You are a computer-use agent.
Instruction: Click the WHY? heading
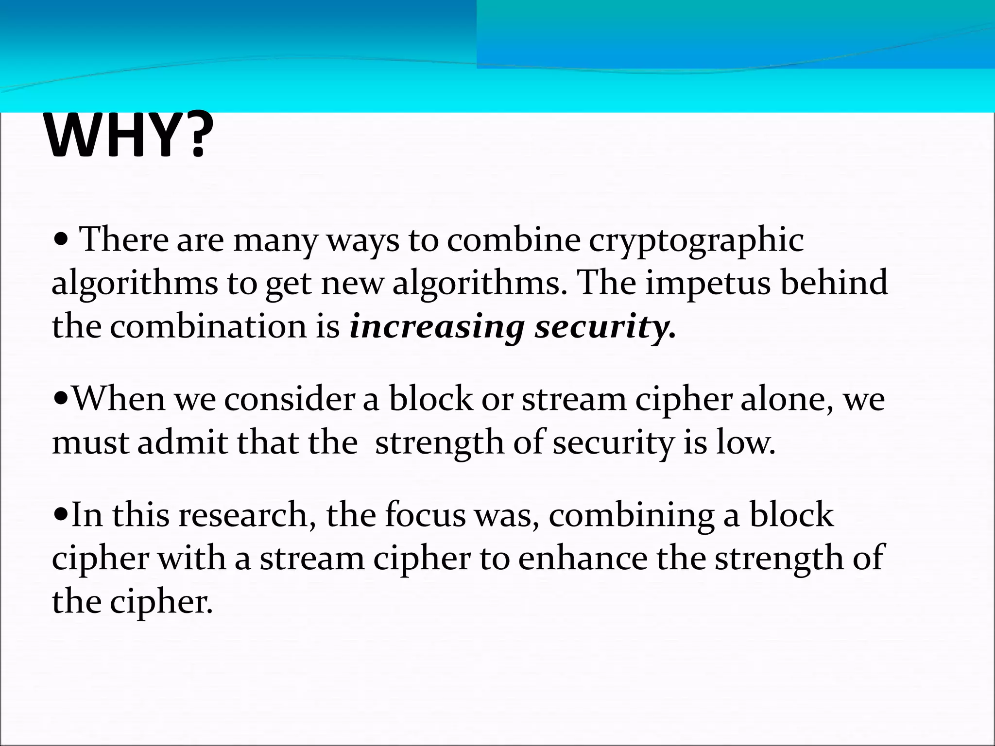[x=128, y=136]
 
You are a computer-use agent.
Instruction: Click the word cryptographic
[x=696, y=240]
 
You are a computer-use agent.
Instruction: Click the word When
[x=119, y=399]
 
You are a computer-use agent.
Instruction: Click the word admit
[x=182, y=442]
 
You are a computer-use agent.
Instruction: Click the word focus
[x=425, y=515]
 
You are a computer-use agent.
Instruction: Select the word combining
[x=631, y=515]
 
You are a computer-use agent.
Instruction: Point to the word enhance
[x=583, y=559]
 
